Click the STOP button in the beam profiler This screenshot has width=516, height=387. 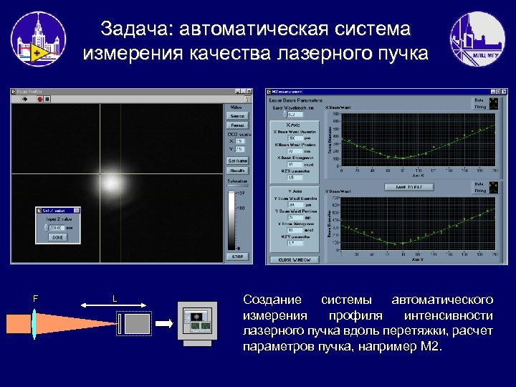click(236, 256)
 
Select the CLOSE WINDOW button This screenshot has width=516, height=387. click(294, 259)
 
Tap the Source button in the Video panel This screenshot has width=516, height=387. click(236, 115)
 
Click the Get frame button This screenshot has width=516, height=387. click(236, 161)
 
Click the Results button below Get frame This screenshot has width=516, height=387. click(236, 171)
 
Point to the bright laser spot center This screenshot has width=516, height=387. click(112, 186)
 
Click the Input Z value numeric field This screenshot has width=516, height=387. click(56, 228)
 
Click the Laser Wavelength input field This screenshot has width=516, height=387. click(294, 114)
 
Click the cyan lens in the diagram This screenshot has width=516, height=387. click(34, 322)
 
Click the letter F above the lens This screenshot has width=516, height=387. click(35, 297)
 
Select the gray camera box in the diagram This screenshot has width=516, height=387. click(137, 324)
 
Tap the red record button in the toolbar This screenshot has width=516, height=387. click(47, 100)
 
